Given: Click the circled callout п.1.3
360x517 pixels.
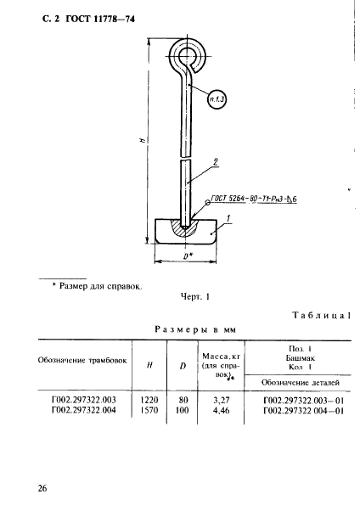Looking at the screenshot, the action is click(x=217, y=99).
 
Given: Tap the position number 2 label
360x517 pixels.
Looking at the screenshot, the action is click(x=216, y=162).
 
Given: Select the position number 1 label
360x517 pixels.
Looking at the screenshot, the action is click(x=228, y=219).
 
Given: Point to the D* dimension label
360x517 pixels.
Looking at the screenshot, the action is click(x=188, y=256).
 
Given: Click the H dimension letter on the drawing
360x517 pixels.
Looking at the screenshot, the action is click(x=142, y=140).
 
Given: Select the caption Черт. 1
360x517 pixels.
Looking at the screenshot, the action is click(x=194, y=297).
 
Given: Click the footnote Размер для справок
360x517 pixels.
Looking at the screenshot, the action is click(x=98, y=286).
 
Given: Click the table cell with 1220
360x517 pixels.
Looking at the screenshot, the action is click(x=149, y=400).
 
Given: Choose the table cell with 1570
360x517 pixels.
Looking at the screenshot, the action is click(x=149, y=410).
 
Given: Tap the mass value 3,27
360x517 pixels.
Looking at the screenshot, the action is click(x=222, y=401).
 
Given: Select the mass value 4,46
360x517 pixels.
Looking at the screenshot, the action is click(x=222, y=411).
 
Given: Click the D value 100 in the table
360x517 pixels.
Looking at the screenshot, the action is click(x=183, y=410).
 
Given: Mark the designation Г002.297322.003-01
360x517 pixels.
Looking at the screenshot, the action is click(x=304, y=401).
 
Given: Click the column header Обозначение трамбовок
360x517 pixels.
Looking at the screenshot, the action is click(x=82, y=360).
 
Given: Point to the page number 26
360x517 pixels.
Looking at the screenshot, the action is click(x=42, y=488).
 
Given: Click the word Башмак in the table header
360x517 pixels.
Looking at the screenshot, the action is click(x=300, y=357).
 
